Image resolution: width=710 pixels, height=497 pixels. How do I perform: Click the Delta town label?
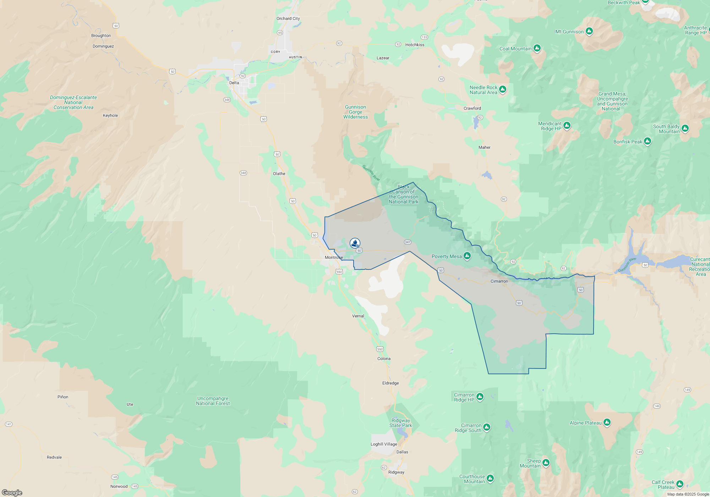point(234,83)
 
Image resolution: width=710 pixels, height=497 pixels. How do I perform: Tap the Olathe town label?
point(279,174)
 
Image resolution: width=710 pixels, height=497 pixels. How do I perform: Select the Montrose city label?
point(334,257)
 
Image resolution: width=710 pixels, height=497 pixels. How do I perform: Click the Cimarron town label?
point(499,281)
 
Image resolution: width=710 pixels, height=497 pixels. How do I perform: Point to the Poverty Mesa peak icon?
point(467,256)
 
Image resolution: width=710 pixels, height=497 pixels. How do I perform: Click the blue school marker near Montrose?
point(355,243)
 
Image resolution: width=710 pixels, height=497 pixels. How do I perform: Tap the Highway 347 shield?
point(408,242)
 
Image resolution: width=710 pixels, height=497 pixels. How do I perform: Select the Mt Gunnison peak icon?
point(589,31)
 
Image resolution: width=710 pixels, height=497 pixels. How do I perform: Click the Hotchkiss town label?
point(415,45)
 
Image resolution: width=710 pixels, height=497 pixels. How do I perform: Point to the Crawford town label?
point(472,108)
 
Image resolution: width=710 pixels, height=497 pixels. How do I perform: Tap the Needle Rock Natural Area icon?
point(503,89)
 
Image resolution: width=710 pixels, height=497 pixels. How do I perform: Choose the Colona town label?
point(384,359)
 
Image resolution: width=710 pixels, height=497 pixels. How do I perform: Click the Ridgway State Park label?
point(400,423)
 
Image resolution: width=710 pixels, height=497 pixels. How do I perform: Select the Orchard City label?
point(288,18)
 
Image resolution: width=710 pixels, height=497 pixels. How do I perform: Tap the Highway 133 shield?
point(424,37)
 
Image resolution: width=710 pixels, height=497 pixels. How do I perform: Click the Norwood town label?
point(119,486)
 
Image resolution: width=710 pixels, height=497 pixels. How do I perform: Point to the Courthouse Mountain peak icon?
point(490,479)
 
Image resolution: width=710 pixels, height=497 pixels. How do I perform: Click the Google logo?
point(12,492)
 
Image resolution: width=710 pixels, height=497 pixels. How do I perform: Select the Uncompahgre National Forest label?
point(213,401)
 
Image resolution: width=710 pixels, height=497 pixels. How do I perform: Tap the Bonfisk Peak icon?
point(648,141)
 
